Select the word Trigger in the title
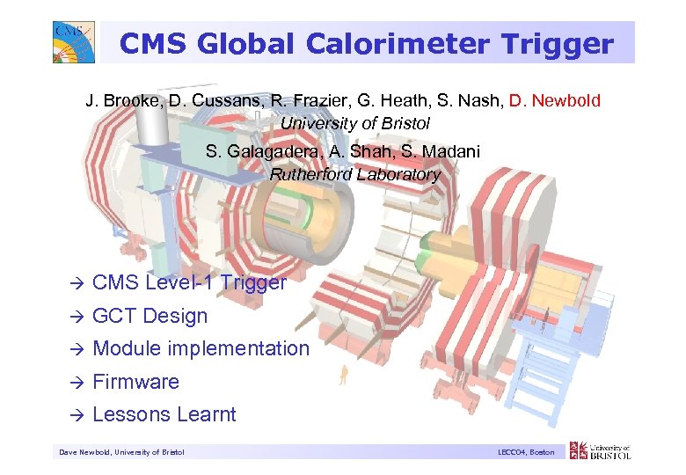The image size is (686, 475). point(560,43)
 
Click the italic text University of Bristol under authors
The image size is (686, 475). point(354,123)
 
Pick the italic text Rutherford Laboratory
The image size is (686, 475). point(354,174)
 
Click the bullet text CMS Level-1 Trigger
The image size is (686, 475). point(189,282)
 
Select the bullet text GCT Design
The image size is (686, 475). point(150,316)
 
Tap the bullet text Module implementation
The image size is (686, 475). point(201,348)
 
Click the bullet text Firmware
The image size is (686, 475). point(135,382)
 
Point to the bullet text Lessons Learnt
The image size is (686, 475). point(164,414)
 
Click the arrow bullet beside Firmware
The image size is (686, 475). point(77,383)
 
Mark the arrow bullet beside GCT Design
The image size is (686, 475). point(77,317)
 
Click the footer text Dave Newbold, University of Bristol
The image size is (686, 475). point(121,452)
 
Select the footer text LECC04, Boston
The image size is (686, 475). point(525,452)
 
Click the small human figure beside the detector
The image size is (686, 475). point(343,376)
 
